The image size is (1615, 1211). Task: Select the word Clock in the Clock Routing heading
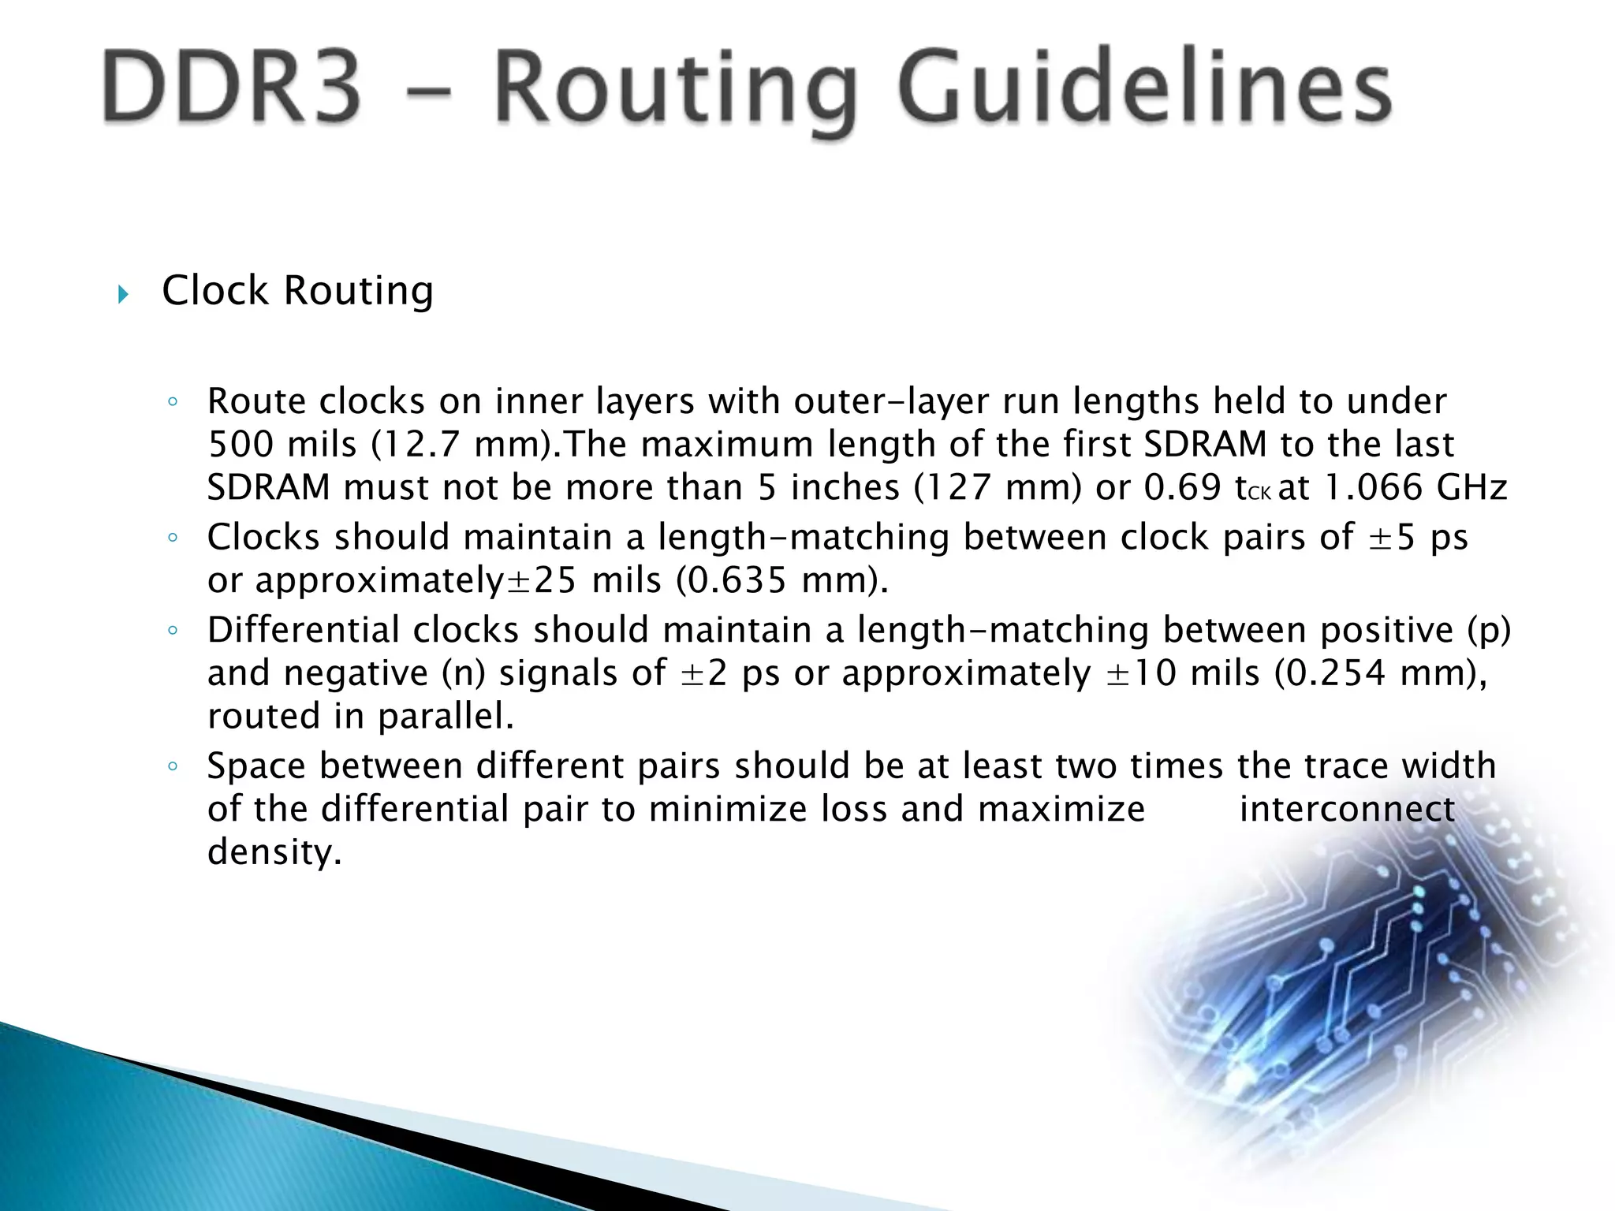[214, 290]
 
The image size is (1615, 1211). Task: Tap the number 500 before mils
[241, 445]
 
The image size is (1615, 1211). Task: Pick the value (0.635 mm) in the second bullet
[782, 580]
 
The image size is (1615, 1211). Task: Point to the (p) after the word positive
[1489, 630]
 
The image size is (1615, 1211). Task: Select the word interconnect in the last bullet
[1347, 809]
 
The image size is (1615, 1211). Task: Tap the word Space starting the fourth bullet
[256, 766]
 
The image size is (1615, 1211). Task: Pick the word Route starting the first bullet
[256, 401]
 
